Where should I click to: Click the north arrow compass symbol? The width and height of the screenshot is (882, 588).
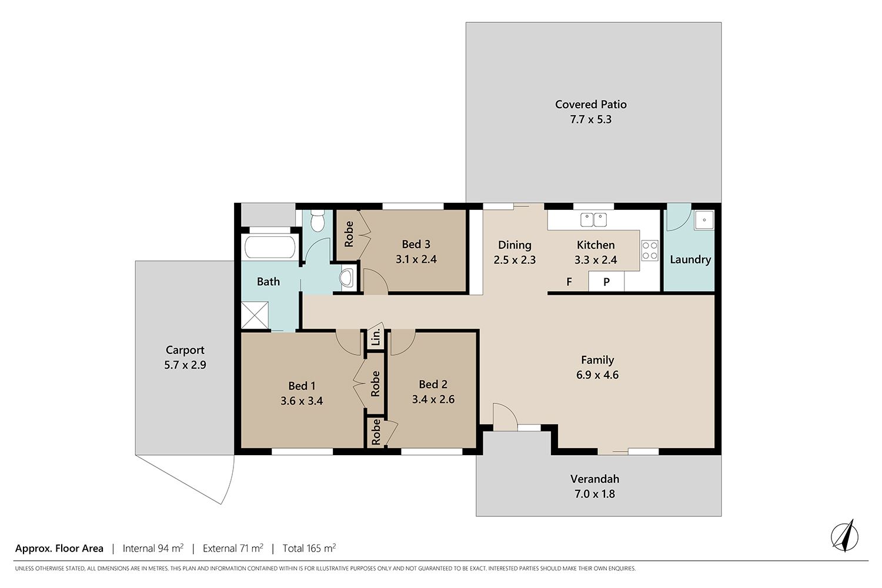coord(844,536)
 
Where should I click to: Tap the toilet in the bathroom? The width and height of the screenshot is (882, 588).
coord(317,220)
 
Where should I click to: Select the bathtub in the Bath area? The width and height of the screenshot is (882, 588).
coord(270,246)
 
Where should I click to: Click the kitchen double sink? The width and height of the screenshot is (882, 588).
coord(593,220)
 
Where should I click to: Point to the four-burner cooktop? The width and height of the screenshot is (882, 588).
coord(650,250)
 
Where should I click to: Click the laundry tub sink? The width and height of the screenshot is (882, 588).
coord(704,220)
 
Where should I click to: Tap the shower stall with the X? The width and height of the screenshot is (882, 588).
coord(255,315)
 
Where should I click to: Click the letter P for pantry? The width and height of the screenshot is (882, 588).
coord(606,282)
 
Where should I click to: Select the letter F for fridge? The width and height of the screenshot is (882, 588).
coord(569,282)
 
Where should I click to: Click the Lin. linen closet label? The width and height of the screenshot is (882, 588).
coord(376,337)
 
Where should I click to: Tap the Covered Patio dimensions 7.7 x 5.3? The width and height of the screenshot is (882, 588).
coord(590,119)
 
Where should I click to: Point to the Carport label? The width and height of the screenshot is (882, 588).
coord(185,350)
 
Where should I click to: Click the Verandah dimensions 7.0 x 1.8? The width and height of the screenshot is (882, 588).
coord(594,494)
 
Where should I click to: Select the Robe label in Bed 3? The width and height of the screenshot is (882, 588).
coord(349,235)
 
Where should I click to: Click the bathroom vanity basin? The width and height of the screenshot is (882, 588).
coord(347,278)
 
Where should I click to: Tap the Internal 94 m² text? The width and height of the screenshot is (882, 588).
coord(153,548)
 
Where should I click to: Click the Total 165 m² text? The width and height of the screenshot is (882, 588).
coord(309,548)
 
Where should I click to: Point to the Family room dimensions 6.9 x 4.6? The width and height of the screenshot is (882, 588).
coord(597,375)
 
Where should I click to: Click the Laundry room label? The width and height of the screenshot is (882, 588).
coord(690,259)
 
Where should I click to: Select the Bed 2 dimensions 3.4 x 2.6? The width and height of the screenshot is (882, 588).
coord(433,399)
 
